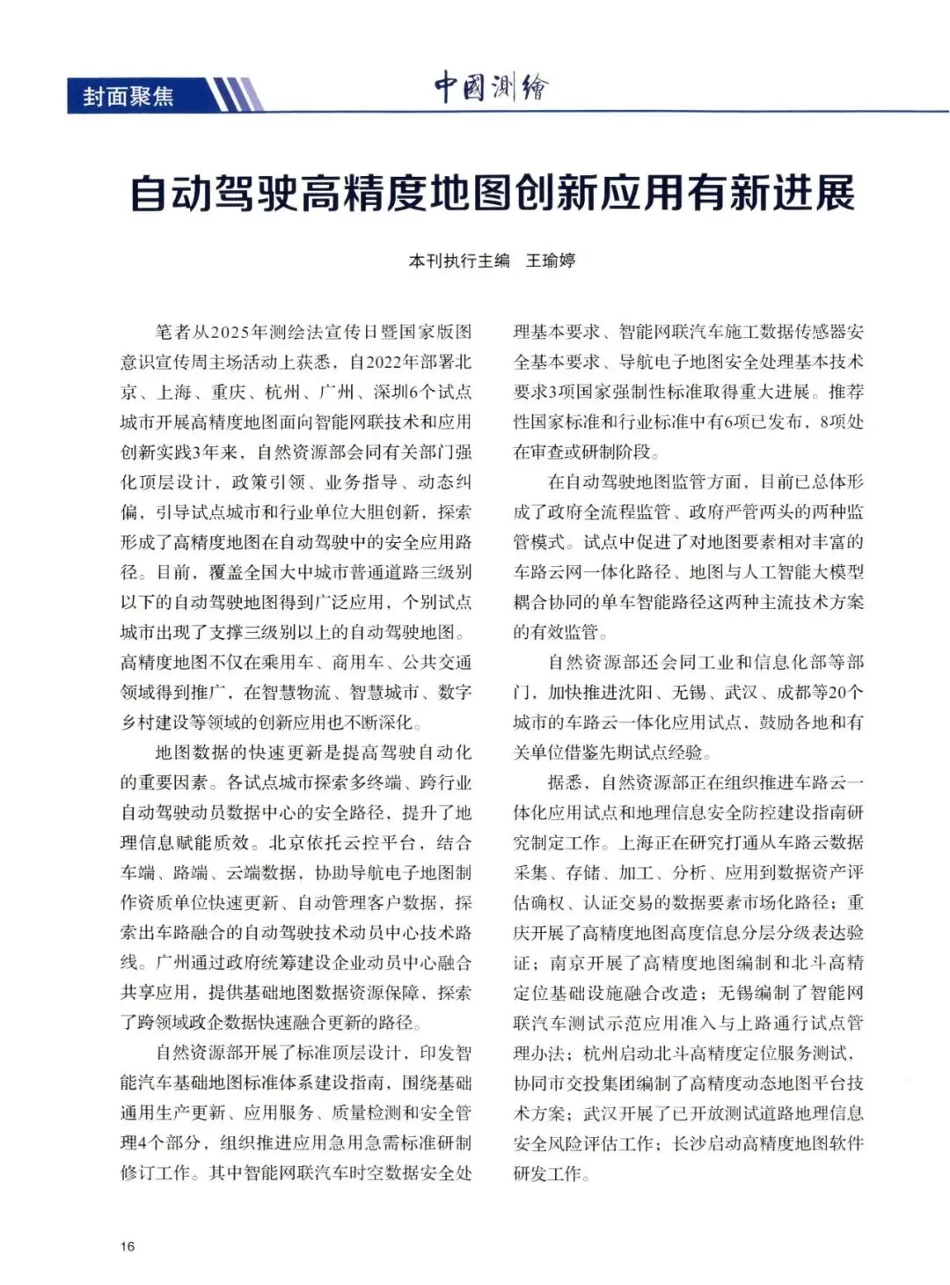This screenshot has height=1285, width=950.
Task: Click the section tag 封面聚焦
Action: coord(128,96)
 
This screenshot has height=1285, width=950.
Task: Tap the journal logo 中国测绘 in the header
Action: coord(491,88)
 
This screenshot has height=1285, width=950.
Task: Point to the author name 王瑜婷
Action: coord(551,261)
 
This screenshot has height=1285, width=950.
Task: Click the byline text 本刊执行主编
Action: coord(459,261)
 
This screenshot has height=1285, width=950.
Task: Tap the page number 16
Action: coord(128,1246)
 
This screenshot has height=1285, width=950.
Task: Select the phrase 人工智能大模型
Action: coord(793,572)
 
